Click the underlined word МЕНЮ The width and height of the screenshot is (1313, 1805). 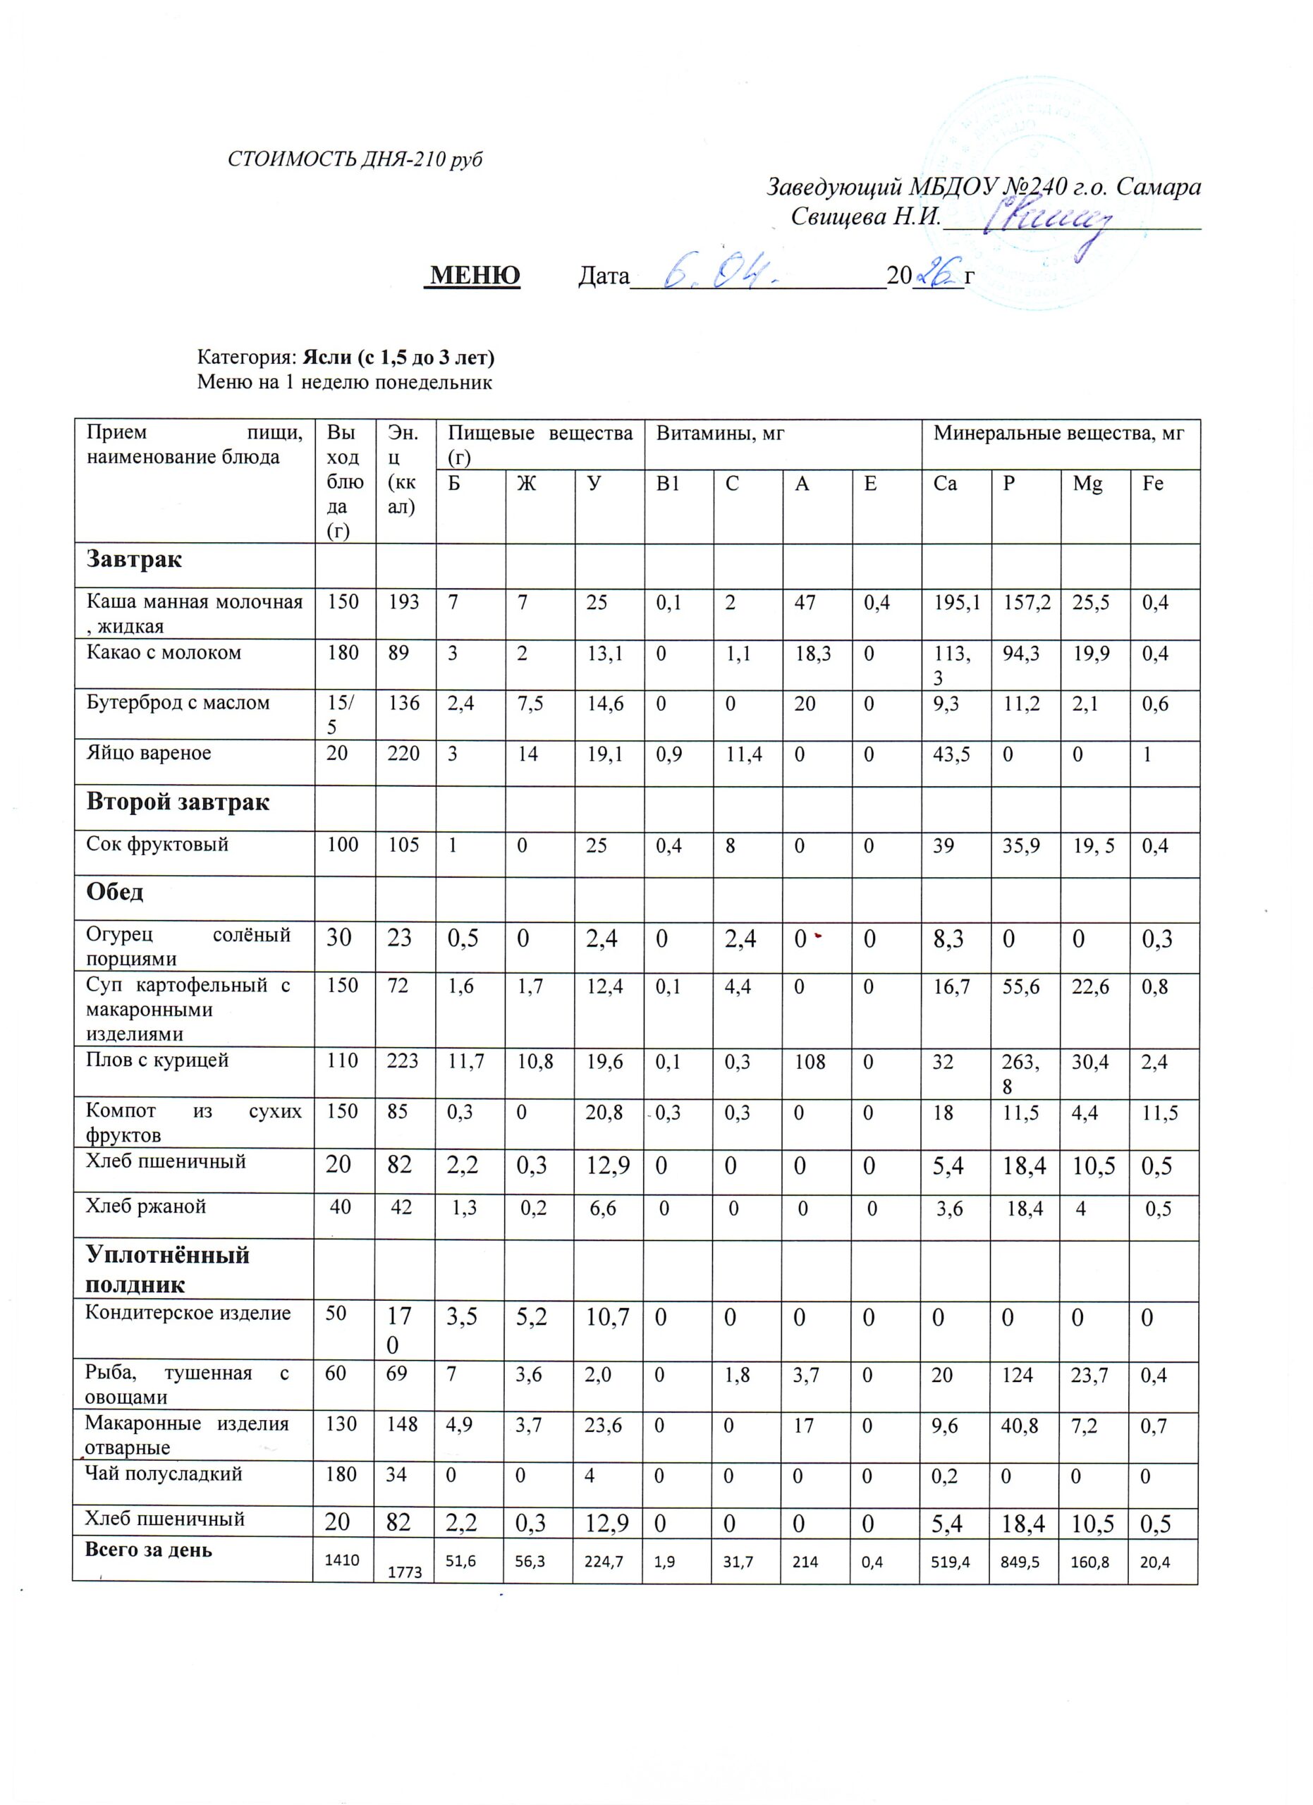(x=473, y=276)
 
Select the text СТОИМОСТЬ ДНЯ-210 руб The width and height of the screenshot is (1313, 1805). (x=355, y=160)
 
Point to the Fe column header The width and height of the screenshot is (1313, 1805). (x=1152, y=484)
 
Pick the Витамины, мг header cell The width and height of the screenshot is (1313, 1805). (x=719, y=434)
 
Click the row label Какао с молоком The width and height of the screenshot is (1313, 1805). (x=164, y=654)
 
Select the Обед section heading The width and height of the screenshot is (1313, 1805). (x=116, y=892)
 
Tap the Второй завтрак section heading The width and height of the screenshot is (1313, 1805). (x=178, y=802)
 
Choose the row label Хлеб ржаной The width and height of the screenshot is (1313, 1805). (x=146, y=1206)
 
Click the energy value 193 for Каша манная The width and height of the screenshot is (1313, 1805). (x=404, y=602)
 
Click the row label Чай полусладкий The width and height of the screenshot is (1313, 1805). (x=163, y=1474)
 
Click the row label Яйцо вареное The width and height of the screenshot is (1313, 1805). (x=149, y=753)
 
